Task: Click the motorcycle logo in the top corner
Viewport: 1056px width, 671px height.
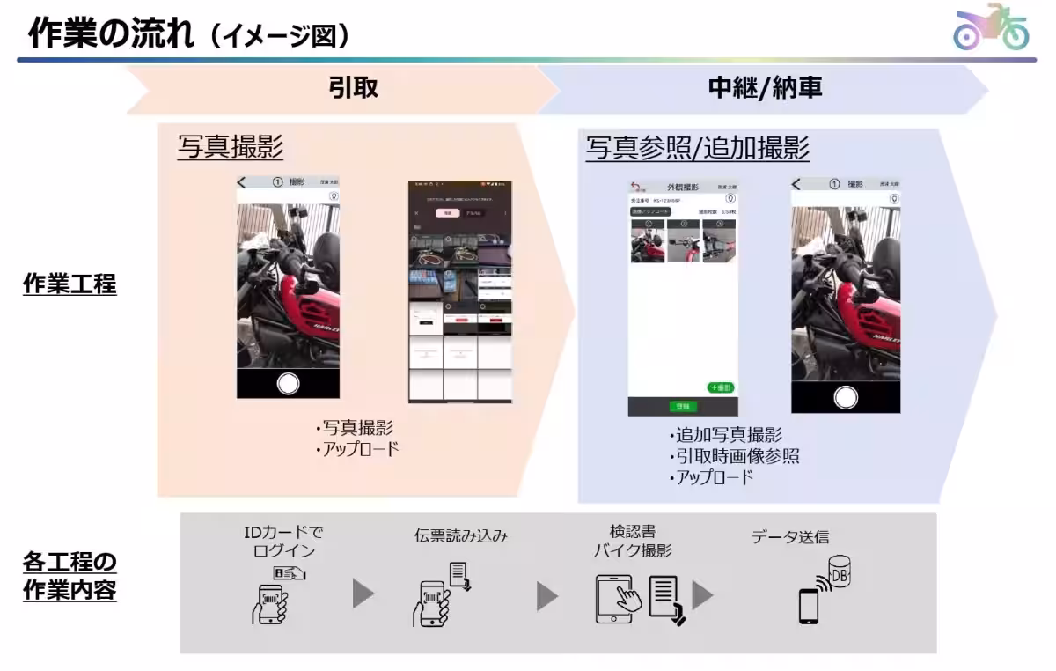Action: (x=991, y=28)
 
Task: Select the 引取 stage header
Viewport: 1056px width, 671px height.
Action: (x=354, y=88)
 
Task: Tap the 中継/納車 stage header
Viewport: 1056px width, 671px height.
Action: (x=765, y=88)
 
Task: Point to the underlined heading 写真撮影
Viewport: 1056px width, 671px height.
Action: (x=231, y=147)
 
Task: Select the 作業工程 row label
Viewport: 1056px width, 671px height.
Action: (x=70, y=284)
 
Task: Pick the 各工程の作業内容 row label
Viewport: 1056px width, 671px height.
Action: (x=70, y=575)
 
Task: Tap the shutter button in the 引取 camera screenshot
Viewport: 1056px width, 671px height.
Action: (x=288, y=383)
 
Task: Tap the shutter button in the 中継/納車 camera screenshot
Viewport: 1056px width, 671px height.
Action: (x=846, y=397)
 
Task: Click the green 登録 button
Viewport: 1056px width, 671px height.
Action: (x=682, y=406)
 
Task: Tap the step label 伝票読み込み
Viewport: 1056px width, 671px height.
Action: (x=460, y=535)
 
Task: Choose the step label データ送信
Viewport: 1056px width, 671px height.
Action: (x=789, y=536)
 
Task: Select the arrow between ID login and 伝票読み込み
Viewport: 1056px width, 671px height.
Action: (x=363, y=594)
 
